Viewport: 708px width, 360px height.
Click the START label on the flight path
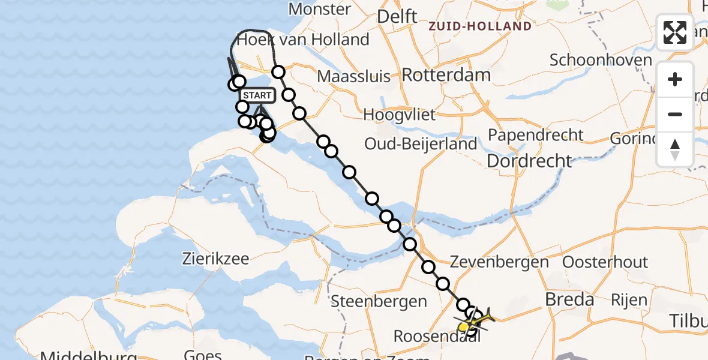click(257, 95)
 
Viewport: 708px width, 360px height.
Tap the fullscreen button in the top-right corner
click(675, 32)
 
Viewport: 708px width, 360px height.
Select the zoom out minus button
click(675, 114)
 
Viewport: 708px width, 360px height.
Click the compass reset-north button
click(675, 149)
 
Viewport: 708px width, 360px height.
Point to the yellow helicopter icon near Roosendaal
click(476, 321)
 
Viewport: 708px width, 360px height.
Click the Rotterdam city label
click(446, 75)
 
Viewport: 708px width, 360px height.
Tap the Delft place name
click(397, 17)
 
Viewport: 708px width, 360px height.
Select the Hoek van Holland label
click(303, 40)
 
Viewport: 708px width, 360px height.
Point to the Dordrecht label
click(529, 161)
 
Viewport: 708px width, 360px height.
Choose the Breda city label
click(569, 299)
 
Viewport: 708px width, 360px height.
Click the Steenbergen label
click(379, 300)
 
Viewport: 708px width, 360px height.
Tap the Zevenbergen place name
click(499, 262)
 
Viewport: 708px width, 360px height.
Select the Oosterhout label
click(605, 262)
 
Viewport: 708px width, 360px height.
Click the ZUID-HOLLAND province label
click(480, 26)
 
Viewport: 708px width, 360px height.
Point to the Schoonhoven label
click(601, 60)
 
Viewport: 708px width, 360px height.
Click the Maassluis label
click(353, 77)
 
